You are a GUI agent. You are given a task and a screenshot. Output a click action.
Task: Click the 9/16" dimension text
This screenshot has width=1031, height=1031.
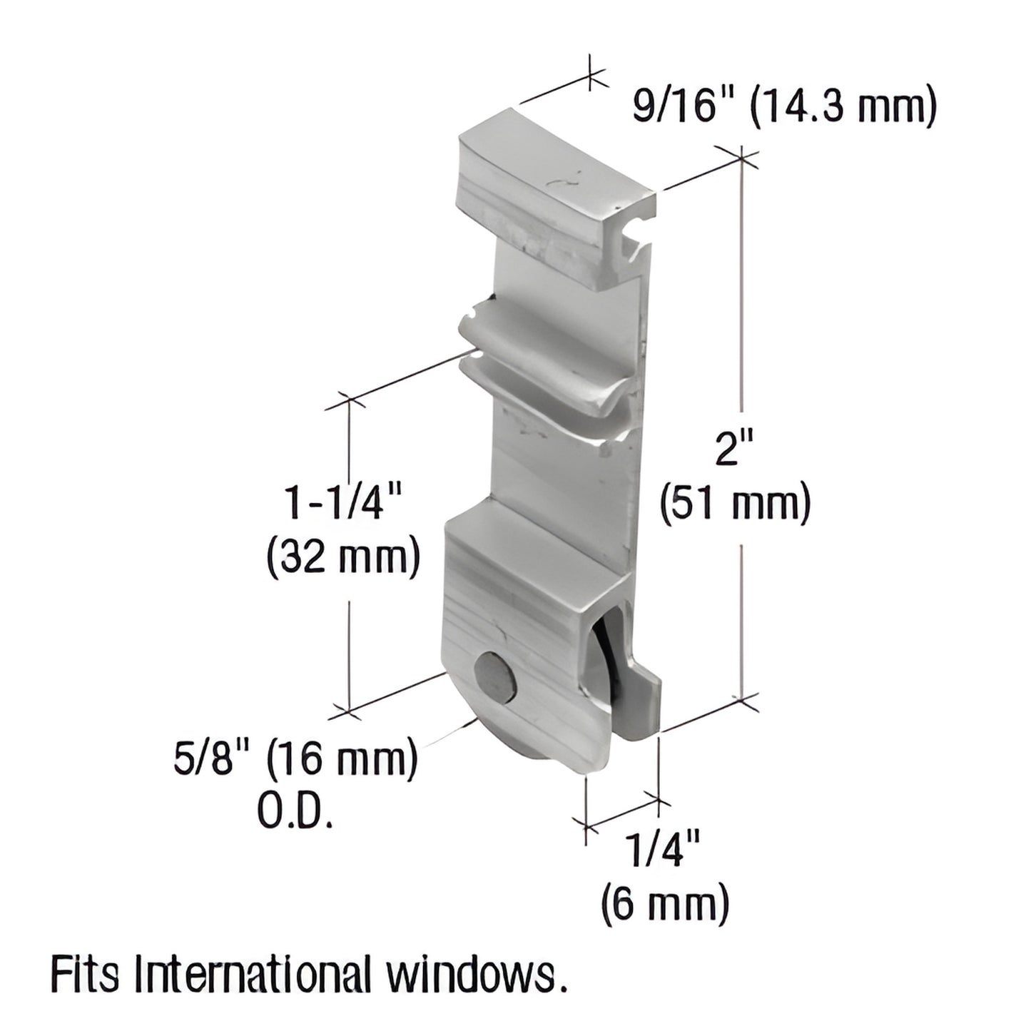[682, 108]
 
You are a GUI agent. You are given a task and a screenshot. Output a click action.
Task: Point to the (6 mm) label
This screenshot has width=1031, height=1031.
[665, 903]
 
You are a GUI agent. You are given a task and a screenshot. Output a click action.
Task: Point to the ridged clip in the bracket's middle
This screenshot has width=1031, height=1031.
[542, 364]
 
